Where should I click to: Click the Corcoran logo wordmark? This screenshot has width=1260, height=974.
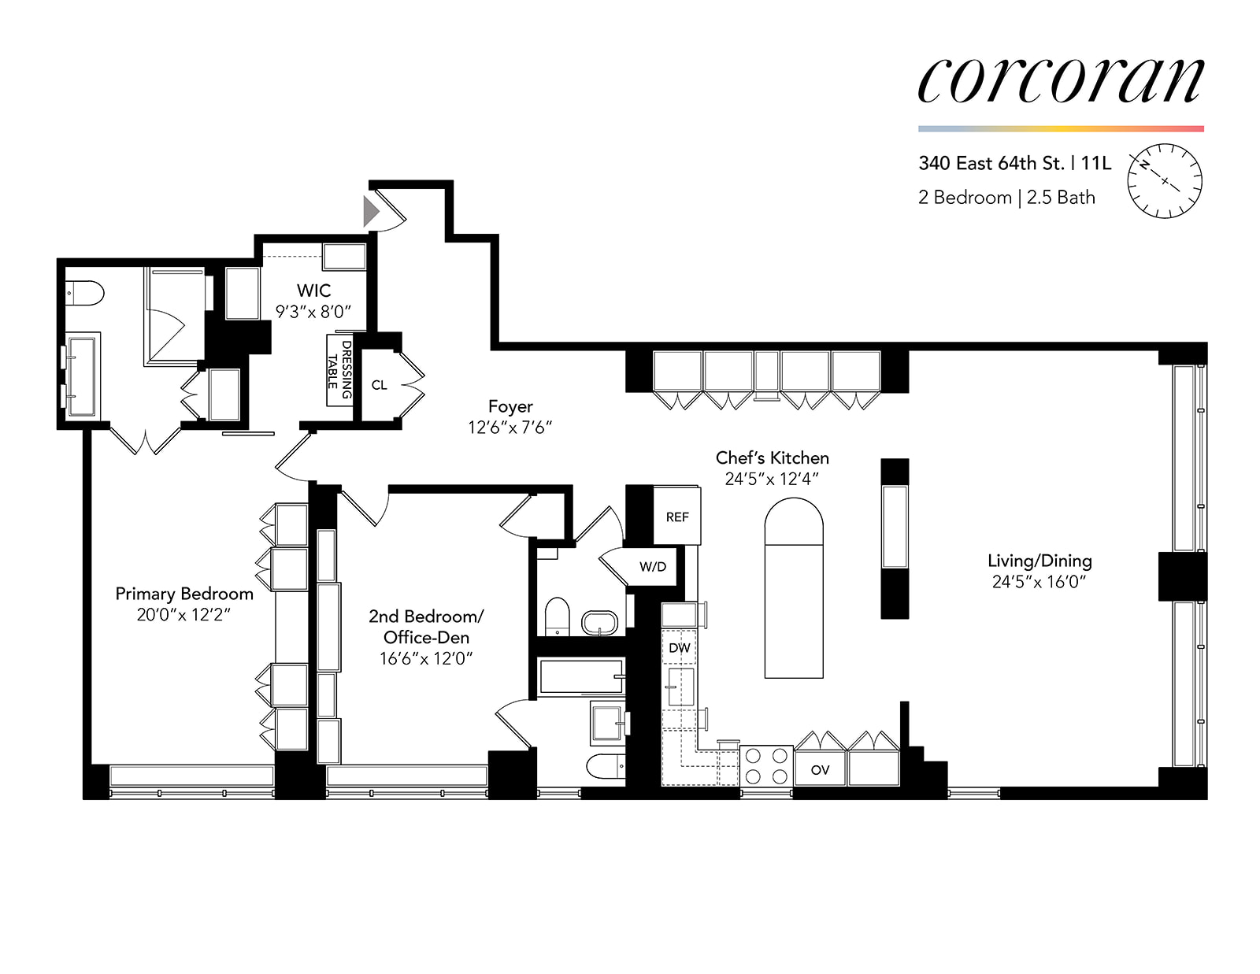pos(1060,80)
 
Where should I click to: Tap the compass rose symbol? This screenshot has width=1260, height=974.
pos(1165,181)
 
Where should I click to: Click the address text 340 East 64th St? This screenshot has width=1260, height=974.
pos(991,163)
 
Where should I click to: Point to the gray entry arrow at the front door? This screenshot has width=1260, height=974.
pos(371,211)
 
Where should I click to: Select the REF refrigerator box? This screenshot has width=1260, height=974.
pos(676,517)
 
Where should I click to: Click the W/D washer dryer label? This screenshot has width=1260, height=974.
pos(652,566)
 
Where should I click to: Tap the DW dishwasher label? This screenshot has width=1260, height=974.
pos(679,648)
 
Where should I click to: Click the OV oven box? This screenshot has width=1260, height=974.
pos(820,769)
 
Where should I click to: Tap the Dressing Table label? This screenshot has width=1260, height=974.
pos(339,370)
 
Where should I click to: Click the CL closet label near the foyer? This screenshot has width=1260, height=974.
pos(379,385)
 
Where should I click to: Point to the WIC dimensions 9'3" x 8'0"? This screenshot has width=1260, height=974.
pos(313,312)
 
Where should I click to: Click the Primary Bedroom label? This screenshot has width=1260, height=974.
pos(184,594)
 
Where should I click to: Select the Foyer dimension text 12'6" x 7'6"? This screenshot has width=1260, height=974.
pos(510,427)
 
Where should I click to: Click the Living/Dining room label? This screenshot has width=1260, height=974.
pos(1039,561)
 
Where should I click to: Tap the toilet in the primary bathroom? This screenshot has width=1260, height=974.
pos(84,293)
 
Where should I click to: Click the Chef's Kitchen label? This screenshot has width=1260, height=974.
pos(772,457)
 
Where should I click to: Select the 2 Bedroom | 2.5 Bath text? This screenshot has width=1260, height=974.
pos(1006,198)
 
